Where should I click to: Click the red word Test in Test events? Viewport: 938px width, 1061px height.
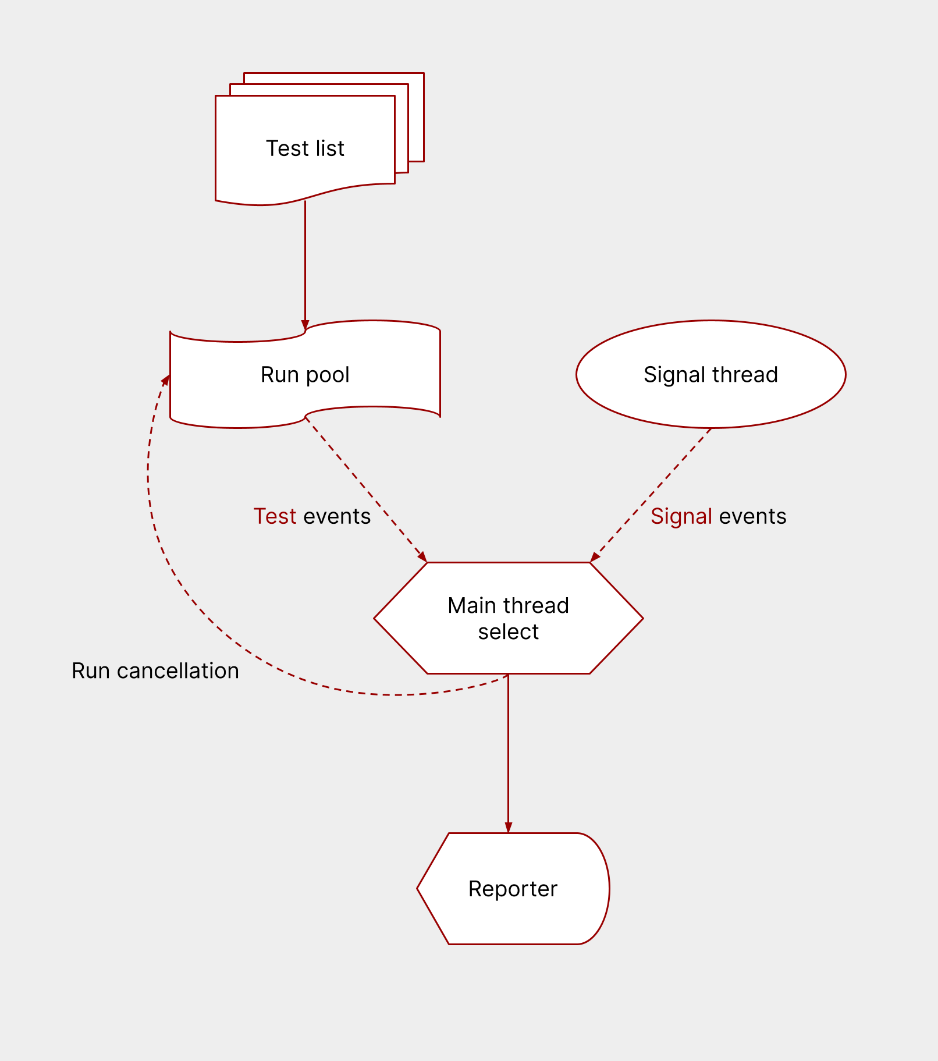pos(275,516)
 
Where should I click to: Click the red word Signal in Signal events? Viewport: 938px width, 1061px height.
pos(681,516)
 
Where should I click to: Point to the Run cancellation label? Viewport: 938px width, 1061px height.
pos(155,670)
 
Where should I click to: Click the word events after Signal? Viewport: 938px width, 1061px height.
pos(752,516)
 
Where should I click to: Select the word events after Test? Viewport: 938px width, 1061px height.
pos(337,516)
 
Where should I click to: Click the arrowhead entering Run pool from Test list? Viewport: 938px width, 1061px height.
pos(305,325)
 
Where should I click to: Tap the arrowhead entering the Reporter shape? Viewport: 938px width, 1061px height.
pos(508,827)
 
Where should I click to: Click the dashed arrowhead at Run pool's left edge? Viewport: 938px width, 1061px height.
pos(166,380)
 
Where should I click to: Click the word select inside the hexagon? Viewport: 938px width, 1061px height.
pos(508,631)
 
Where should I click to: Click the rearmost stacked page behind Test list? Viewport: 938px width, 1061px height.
pos(416,116)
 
